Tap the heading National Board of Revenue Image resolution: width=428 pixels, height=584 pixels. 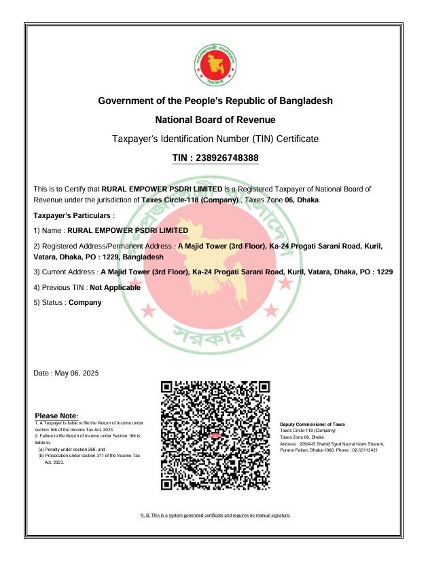tap(215, 120)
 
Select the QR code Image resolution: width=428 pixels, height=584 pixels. tap(215, 435)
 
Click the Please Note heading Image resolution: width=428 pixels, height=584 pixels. tap(56, 416)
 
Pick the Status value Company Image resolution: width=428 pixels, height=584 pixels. tap(85, 302)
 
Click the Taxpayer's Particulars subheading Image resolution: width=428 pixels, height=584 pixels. tap(74, 215)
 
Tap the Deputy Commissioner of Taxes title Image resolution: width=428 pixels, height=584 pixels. tap(312, 424)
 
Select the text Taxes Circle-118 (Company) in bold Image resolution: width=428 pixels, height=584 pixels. tap(190, 200)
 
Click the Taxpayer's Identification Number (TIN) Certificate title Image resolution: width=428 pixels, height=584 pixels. tap(215, 139)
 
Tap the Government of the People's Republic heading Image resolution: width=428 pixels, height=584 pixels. tap(215, 101)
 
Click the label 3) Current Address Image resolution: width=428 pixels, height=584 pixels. tap(65, 272)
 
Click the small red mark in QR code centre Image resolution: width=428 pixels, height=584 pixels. tap(215, 435)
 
